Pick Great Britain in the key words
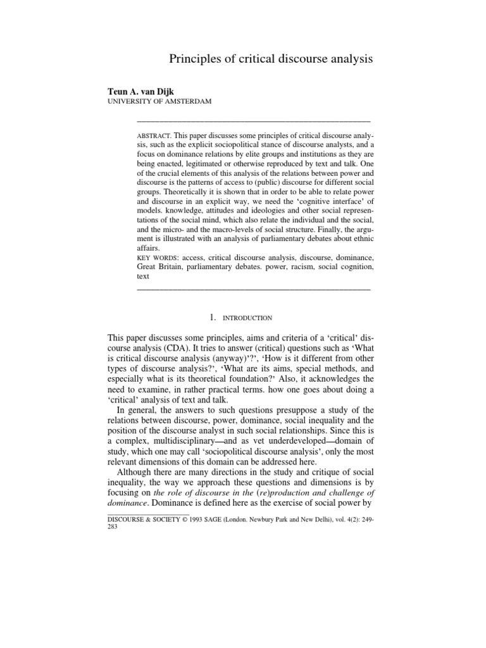(159, 268)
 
